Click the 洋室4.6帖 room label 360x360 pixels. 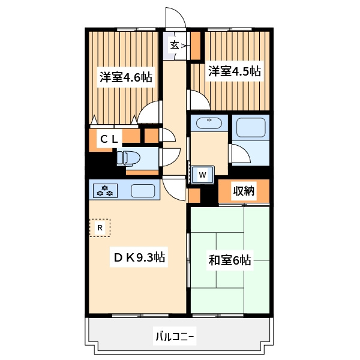126,77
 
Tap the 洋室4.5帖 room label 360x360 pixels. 235,71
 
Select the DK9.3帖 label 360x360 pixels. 139,257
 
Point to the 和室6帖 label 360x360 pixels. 230,260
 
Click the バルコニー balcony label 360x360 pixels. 175,337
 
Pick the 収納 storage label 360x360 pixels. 244,190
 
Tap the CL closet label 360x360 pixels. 109,139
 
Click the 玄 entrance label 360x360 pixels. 175,45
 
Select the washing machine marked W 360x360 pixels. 203,175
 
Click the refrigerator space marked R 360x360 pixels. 100,228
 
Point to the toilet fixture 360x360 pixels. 128,158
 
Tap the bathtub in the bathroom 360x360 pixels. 251,127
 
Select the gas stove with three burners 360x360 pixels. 105,191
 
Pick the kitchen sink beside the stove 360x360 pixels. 143,191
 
